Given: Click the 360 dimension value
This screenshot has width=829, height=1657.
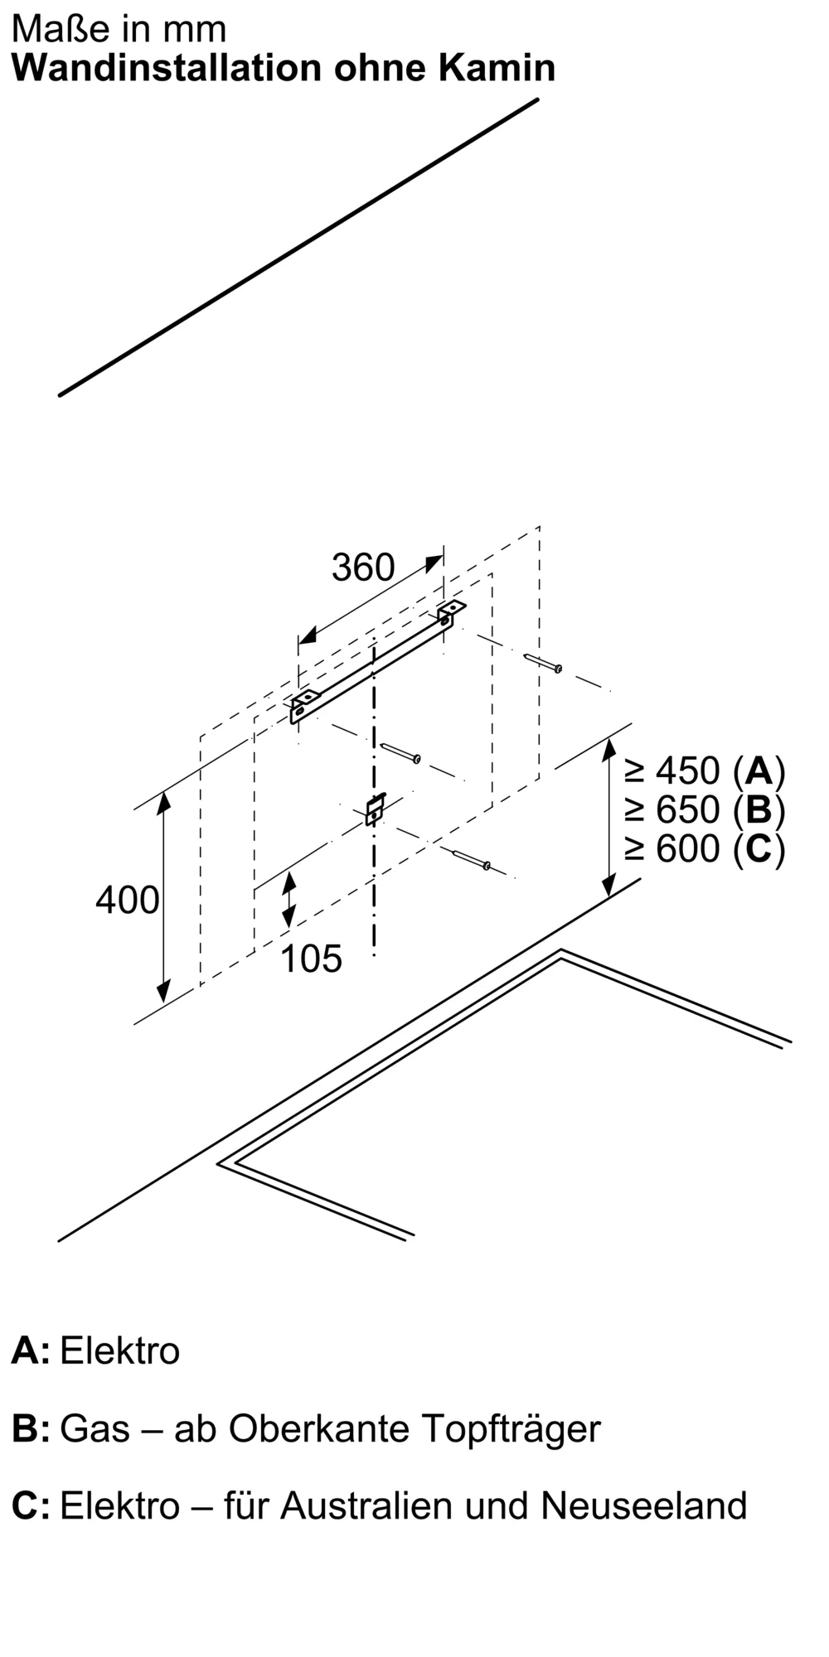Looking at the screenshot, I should [x=363, y=568].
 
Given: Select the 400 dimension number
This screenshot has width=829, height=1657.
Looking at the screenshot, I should [x=127, y=901].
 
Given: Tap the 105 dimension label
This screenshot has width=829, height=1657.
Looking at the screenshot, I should [x=311, y=959].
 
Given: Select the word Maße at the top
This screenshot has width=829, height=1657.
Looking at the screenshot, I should [x=49, y=30].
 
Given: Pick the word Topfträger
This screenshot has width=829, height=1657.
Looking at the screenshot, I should [x=511, y=1430].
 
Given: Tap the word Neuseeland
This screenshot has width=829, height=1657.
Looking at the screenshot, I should [x=644, y=1505].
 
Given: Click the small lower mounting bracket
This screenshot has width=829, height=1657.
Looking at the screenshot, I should [x=376, y=809].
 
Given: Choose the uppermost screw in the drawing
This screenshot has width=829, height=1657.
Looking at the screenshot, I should [x=544, y=663].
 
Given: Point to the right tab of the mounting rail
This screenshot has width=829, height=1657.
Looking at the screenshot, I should [x=451, y=611].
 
